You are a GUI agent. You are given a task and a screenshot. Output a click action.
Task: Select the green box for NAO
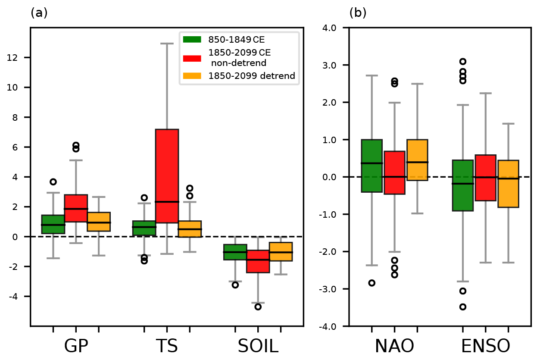coord(372,166)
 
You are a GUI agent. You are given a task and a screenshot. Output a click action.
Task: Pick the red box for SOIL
coord(258,261)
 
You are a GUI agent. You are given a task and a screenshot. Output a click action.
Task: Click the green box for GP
coord(53,224)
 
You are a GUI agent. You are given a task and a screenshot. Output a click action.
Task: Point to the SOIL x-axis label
coord(258,346)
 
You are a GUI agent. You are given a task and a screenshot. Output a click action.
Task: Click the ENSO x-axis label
coord(485,346)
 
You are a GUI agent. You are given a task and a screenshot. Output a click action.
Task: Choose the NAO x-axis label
coord(394,346)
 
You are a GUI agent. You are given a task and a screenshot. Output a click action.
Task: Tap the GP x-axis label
coord(76,346)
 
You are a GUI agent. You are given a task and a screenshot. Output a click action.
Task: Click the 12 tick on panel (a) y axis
coord(20,58)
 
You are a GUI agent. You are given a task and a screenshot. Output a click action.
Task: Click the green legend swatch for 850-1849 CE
coord(192,40)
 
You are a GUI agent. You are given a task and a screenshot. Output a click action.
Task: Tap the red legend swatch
coord(192,58)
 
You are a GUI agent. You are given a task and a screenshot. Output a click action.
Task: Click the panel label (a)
coord(39,13)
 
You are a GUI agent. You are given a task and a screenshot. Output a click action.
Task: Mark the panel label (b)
coord(358,13)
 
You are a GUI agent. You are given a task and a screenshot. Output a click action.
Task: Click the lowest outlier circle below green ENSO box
coord(463,307)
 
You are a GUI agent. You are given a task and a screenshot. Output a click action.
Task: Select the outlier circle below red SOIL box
coord(258,307)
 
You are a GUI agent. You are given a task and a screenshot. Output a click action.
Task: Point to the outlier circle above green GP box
coord(53,182)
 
